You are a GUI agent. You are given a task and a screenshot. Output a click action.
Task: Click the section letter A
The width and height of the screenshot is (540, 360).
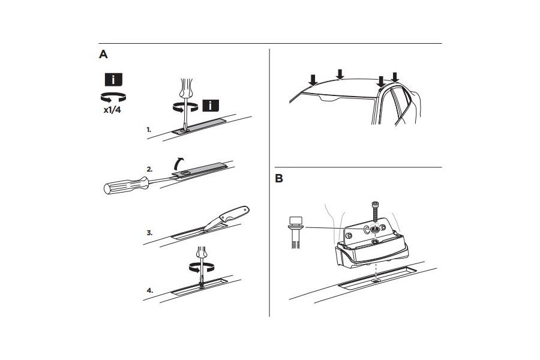pos(103,55)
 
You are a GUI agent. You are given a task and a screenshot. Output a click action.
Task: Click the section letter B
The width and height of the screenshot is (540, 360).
pos(279,179)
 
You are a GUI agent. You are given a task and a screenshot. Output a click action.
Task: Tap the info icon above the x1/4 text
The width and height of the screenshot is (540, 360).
pos(114,80)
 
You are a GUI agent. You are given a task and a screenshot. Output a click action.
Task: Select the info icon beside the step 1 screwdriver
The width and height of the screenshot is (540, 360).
pos(210,106)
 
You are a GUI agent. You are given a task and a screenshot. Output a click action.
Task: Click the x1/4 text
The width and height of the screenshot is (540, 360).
pos(114,112)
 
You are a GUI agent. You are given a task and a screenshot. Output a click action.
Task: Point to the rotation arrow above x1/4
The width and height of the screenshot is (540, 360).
pos(114,97)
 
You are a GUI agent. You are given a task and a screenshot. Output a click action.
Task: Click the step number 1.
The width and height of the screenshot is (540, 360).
pos(148,129)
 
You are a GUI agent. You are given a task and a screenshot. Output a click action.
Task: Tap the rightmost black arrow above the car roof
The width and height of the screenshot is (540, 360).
pos(395,76)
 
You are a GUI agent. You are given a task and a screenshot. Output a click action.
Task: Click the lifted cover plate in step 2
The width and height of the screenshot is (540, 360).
pos(201,172)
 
